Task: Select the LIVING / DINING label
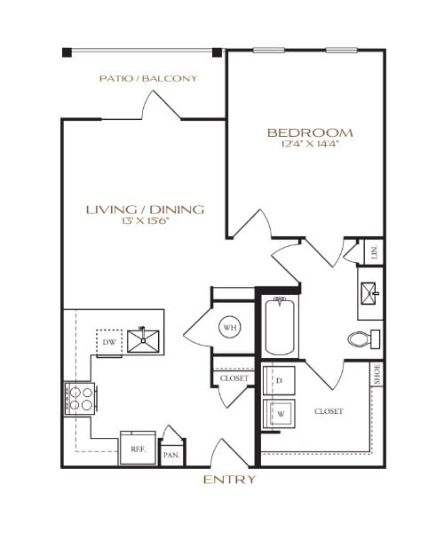pyautogui.click(x=145, y=210)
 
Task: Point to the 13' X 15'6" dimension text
pyautogui.click(x=145, y=221)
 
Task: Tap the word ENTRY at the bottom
pyautogui.click(x=229, y=480)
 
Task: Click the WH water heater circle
pyautogui.click(x=229, y=328)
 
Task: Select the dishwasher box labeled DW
pyautogui.click(x=108, y=341)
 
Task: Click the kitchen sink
pyautogui.click(x=142, y=340)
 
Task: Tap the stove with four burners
pyautogui.click(x=81, y=398)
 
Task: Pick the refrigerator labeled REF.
pyautogui.click(x=138, y=449)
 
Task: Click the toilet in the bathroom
pyautogui.click(x=362, y=338)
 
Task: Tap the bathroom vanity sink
pyautogui.click(x=370, y=292)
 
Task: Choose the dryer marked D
pyautogui.click(x=278, y=380)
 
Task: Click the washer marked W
pyautogui.click(x=278, y=413)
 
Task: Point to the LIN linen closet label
pyautogui.click(x=376, y=252)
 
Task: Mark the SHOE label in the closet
pyautogui.click(x=376, y=374)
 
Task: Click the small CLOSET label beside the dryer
pyautogui.click(x=234, y=378)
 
